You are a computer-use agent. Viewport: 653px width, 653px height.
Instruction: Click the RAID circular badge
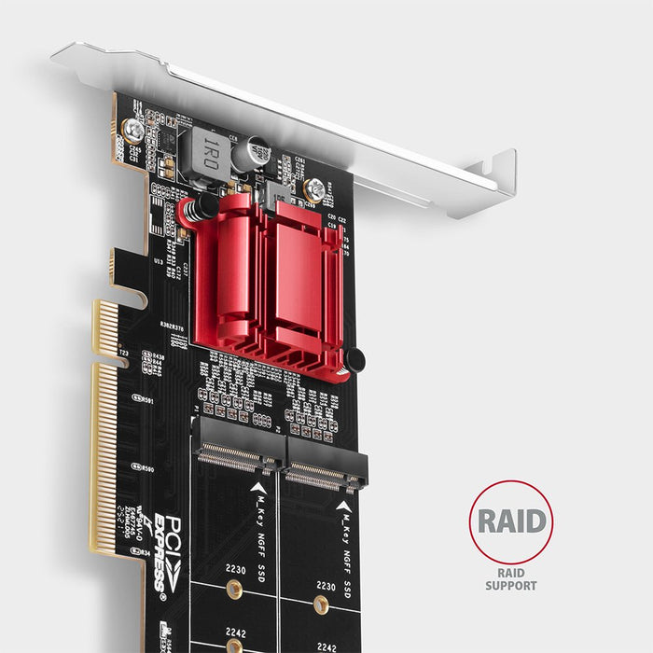[x=510, y=521]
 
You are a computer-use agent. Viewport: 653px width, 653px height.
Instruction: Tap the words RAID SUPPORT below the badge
[x=510, y=578]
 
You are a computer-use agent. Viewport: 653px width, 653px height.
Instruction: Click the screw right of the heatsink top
[x=315, y=189]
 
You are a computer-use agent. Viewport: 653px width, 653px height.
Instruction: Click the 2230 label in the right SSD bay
[x=326, y=587]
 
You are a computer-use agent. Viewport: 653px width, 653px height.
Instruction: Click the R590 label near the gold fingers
[x=146, y=468]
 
